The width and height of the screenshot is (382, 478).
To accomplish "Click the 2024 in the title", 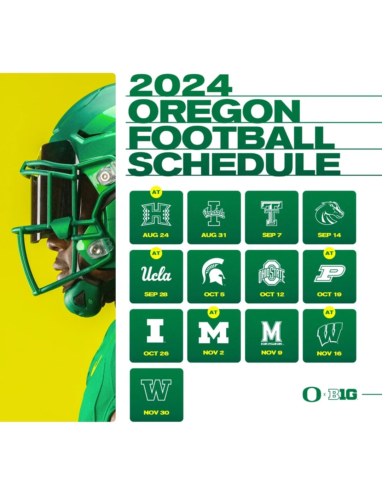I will pos(181,85).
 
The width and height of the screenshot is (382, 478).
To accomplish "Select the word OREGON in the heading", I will pos(214,111).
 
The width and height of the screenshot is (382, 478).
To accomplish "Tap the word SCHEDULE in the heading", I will pos(234,164).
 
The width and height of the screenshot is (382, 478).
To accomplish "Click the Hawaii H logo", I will pos(156,215).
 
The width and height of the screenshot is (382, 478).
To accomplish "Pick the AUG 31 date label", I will pos(214,235).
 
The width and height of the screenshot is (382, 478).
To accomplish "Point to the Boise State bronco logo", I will pos(329,213).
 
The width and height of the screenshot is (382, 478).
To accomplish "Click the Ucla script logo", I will pos(156,274).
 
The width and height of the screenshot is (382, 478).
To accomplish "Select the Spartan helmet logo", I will pos(214,272).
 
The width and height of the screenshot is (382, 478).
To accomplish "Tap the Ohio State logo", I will pos(272,273).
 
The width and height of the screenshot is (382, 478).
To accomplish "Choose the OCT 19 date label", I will pos(329,294).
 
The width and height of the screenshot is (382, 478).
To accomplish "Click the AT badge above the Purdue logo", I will pos(329,253).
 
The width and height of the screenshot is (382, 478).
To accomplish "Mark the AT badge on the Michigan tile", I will pos(213,312).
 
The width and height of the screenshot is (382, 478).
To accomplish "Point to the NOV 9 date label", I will pos(272,353).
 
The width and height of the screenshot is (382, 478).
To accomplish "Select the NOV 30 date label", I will pos(156,412).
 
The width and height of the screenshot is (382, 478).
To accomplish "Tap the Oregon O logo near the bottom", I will pos(312,394).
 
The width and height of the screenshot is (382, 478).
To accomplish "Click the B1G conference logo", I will pos(343,394).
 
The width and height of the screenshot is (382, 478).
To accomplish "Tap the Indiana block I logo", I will pos(156,331).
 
